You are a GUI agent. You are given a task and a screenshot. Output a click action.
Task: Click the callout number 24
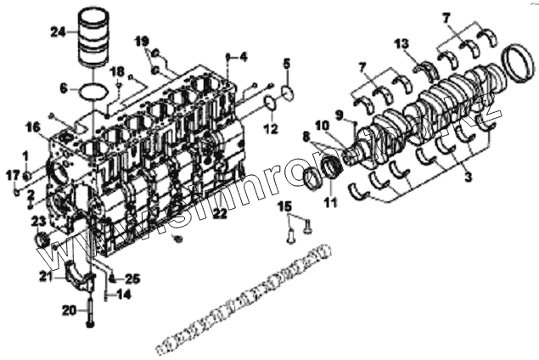click(x=57, y=32)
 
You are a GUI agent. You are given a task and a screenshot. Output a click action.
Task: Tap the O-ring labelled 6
click(x=93, y=88)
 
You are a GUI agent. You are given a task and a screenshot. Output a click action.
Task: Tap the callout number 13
click(x=401, y=43)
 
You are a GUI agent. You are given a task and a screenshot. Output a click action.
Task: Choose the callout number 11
click(x=330, y=202)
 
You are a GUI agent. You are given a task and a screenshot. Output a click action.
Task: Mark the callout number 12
click(x=272, y=129)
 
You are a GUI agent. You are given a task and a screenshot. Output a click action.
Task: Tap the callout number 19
click(x=143, y=40)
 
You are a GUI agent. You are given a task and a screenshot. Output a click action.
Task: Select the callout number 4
click(x=243, y=57)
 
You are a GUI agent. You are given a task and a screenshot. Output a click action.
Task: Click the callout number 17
click(x=13, y=175)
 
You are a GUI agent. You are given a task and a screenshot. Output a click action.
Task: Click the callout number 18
click(x=117, y=70)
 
